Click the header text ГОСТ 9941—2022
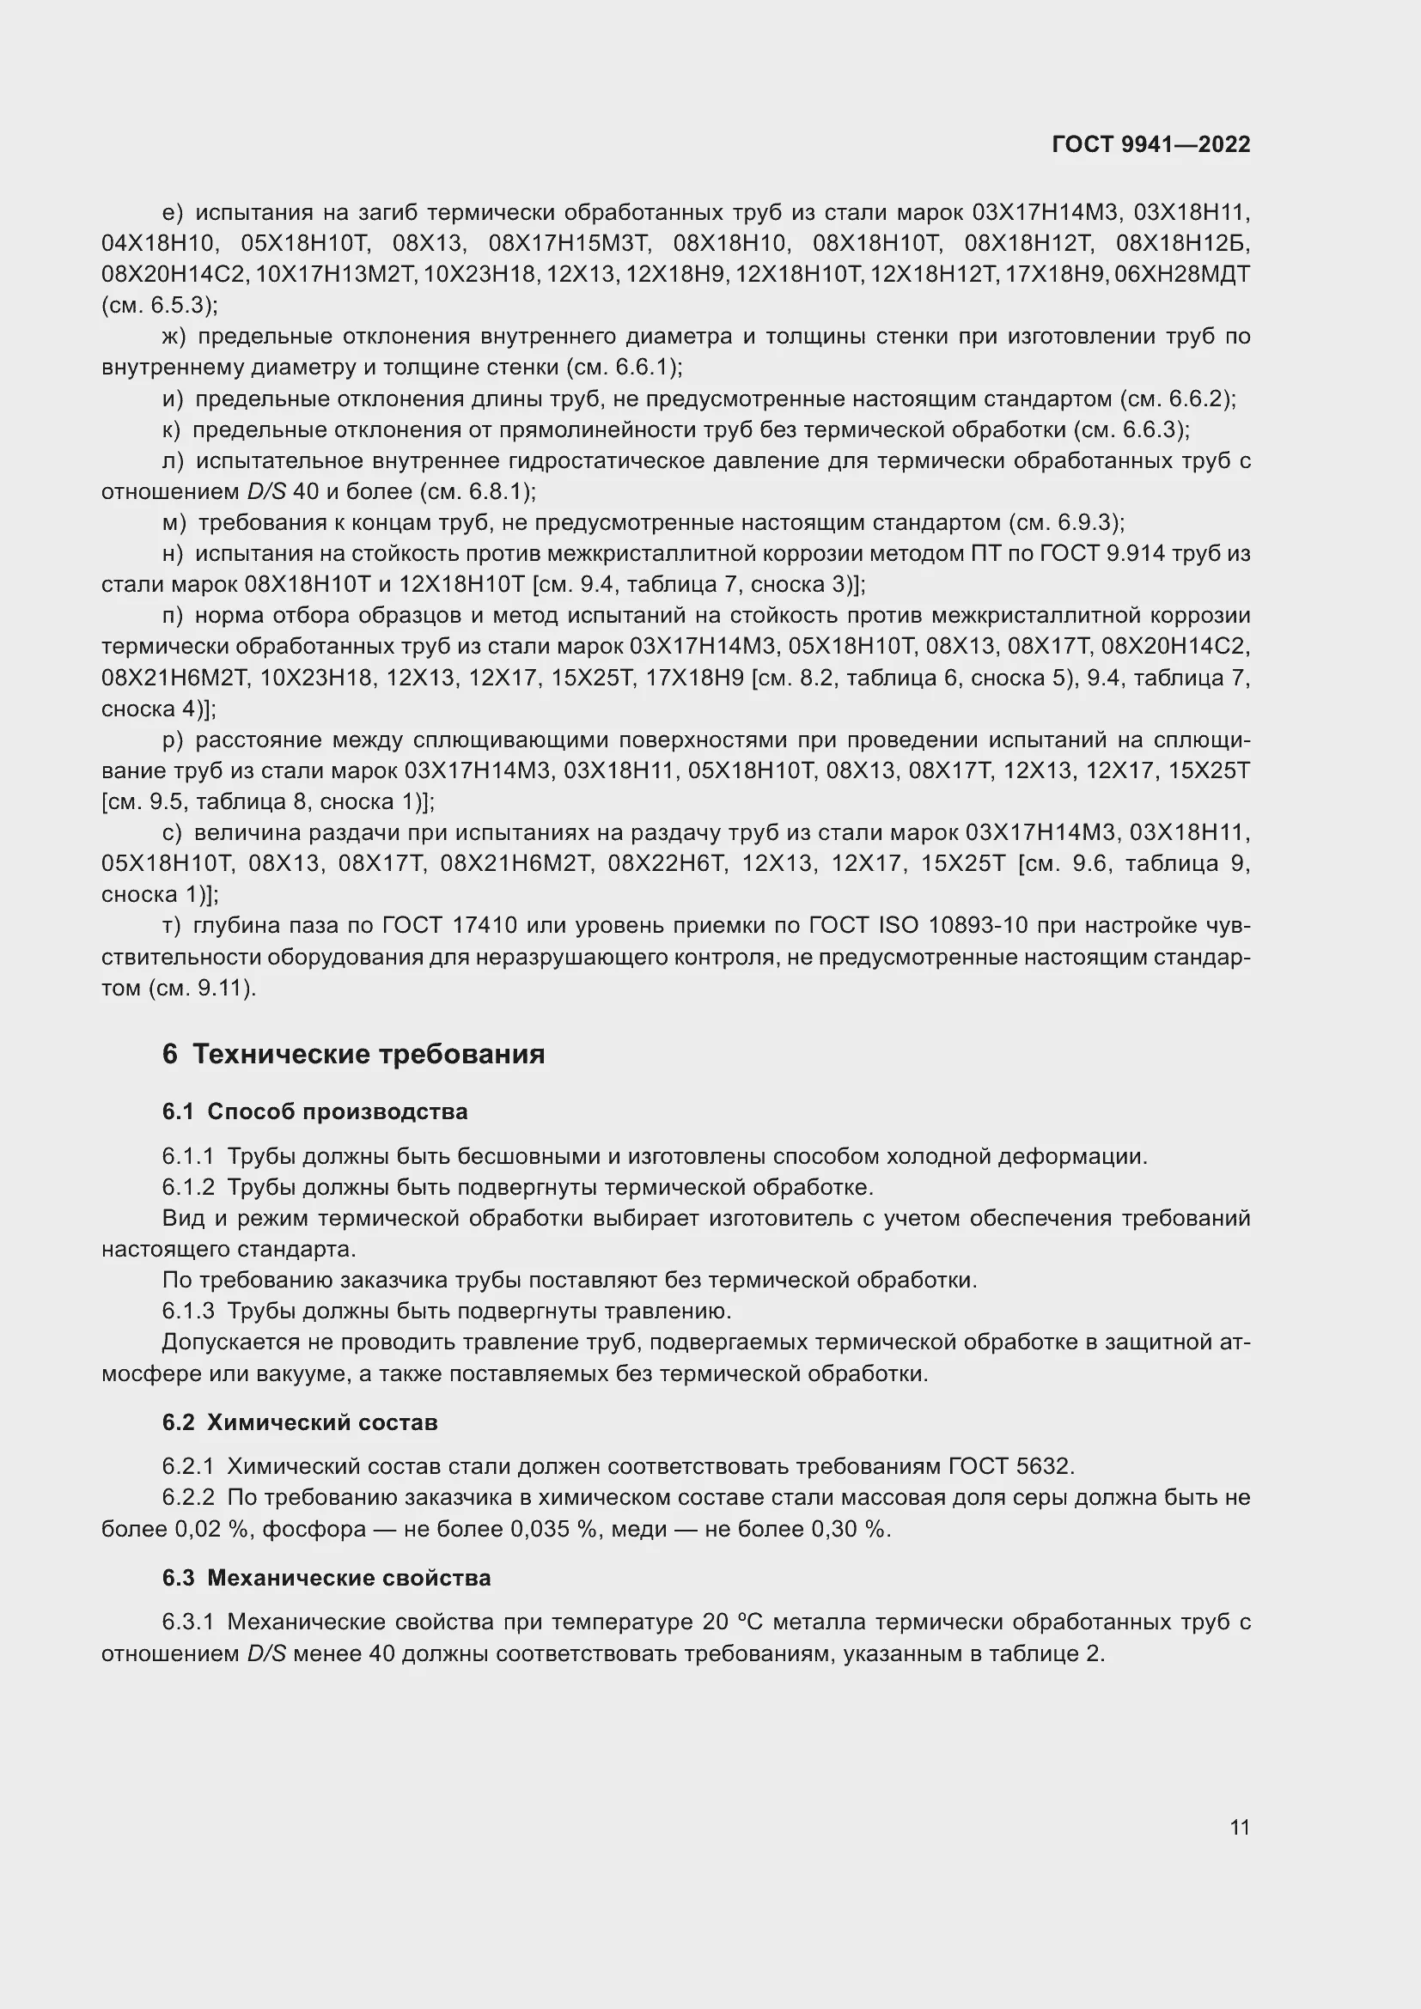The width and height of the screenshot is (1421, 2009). click(1150, 144)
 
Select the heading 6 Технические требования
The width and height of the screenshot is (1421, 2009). click(353, 1055)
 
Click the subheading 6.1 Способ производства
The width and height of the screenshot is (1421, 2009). click(315, 1112)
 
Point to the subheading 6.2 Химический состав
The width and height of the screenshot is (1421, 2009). click(299, 1422)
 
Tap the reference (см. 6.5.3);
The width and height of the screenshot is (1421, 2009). click(159, 306)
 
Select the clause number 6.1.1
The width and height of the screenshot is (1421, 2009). click(187, 1157)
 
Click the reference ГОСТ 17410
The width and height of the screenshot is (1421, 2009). click(449, 926)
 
